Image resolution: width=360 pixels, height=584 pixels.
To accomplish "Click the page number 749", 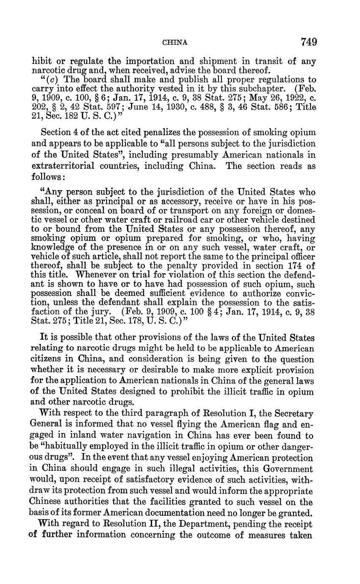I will pyautogui.click(x=309, y=42).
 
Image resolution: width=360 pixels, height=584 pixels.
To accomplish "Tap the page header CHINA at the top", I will pyautogui.click(x=175, y=42).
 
